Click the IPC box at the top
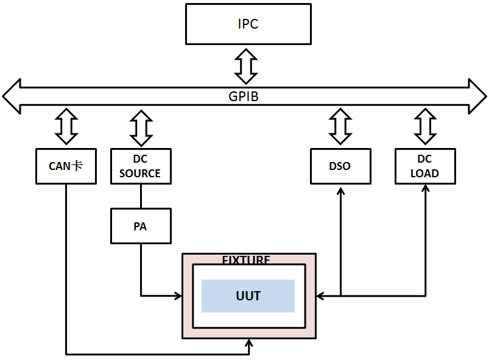point(248,25)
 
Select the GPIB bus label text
point(244,96)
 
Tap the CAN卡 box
point(66,166)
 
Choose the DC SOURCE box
point(140,166)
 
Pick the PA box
point(140,226)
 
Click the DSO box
point(340,166)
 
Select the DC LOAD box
point(424,166)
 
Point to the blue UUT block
point(248,296)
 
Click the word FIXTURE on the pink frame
point(246,259)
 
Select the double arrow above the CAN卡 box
point(66,125)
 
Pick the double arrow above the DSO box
point(340,125)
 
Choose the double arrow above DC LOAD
point(424,125)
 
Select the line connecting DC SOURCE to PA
point(141,196)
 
